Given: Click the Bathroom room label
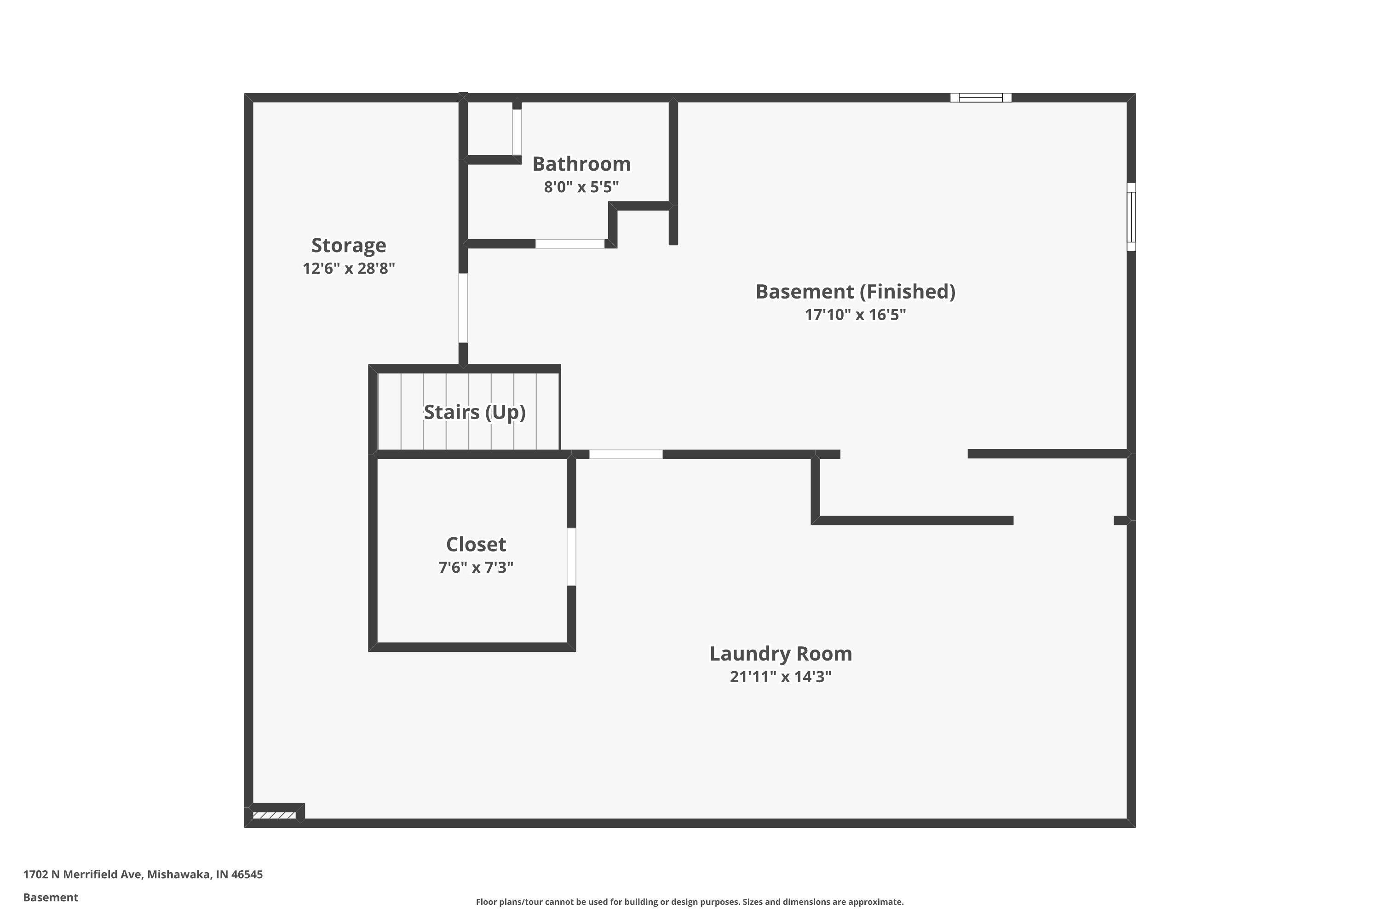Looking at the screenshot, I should coord(581,164).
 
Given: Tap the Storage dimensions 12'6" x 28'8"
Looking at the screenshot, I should coord(349,268).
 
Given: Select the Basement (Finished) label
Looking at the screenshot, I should coord(855,292).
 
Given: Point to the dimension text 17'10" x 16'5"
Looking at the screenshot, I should coord(855,315).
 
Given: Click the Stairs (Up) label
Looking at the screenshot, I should coord(474,412).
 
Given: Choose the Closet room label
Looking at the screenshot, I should coord(476,545).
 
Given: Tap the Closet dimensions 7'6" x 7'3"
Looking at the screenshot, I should coord(476,567).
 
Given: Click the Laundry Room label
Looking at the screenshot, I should coord(780,654).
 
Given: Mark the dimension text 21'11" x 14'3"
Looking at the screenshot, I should coord(780,677).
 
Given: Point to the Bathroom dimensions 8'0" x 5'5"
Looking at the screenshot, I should coord(581,187).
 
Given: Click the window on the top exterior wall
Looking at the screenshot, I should coord(980,98).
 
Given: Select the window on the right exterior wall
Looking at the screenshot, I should coord(1131,217).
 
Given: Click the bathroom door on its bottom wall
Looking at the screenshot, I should coord(570,243).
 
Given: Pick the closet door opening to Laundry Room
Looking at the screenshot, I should coord(571,556).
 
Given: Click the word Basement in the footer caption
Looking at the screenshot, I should coord(51,897).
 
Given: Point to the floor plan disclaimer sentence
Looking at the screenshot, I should coord(690,902).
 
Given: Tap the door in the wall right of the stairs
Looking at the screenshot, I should coord(626,454).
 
